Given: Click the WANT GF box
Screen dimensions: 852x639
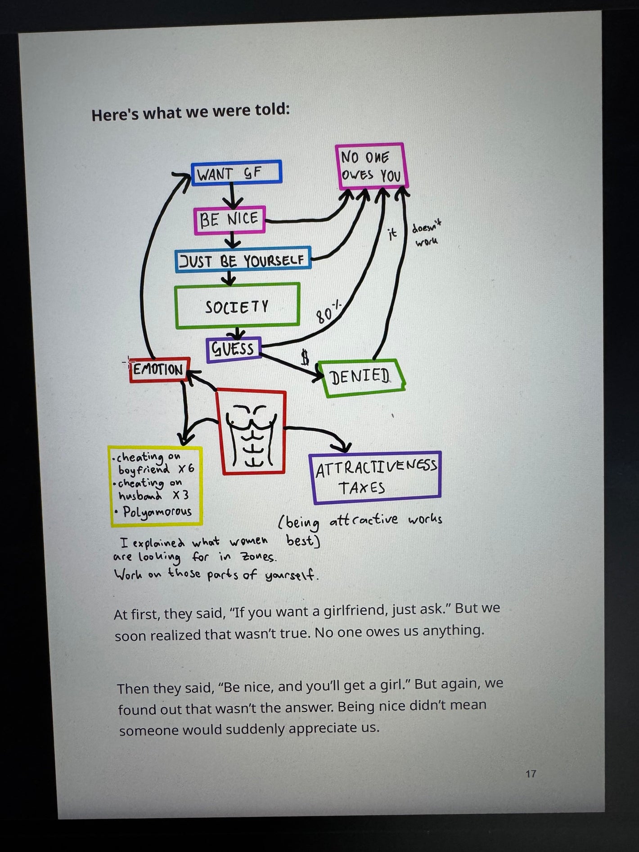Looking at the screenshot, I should coord(236,172).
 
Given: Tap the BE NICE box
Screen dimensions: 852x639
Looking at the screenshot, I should coord(229,220).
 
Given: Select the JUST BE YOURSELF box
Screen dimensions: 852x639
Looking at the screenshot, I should coord(243,260).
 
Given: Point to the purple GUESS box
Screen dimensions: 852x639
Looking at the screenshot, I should coord(234,349).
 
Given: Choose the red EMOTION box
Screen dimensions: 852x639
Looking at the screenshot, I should coord(159,370).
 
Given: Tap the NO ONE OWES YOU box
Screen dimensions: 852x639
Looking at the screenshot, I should coord(371,166).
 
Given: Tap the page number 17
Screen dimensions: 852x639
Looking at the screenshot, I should coord(531,774).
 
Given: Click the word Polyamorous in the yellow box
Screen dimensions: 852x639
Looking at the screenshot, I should coord(157,512).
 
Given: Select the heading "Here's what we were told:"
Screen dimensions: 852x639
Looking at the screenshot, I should coord(190,112).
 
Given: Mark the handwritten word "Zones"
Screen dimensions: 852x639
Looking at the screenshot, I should coord(257,557).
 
